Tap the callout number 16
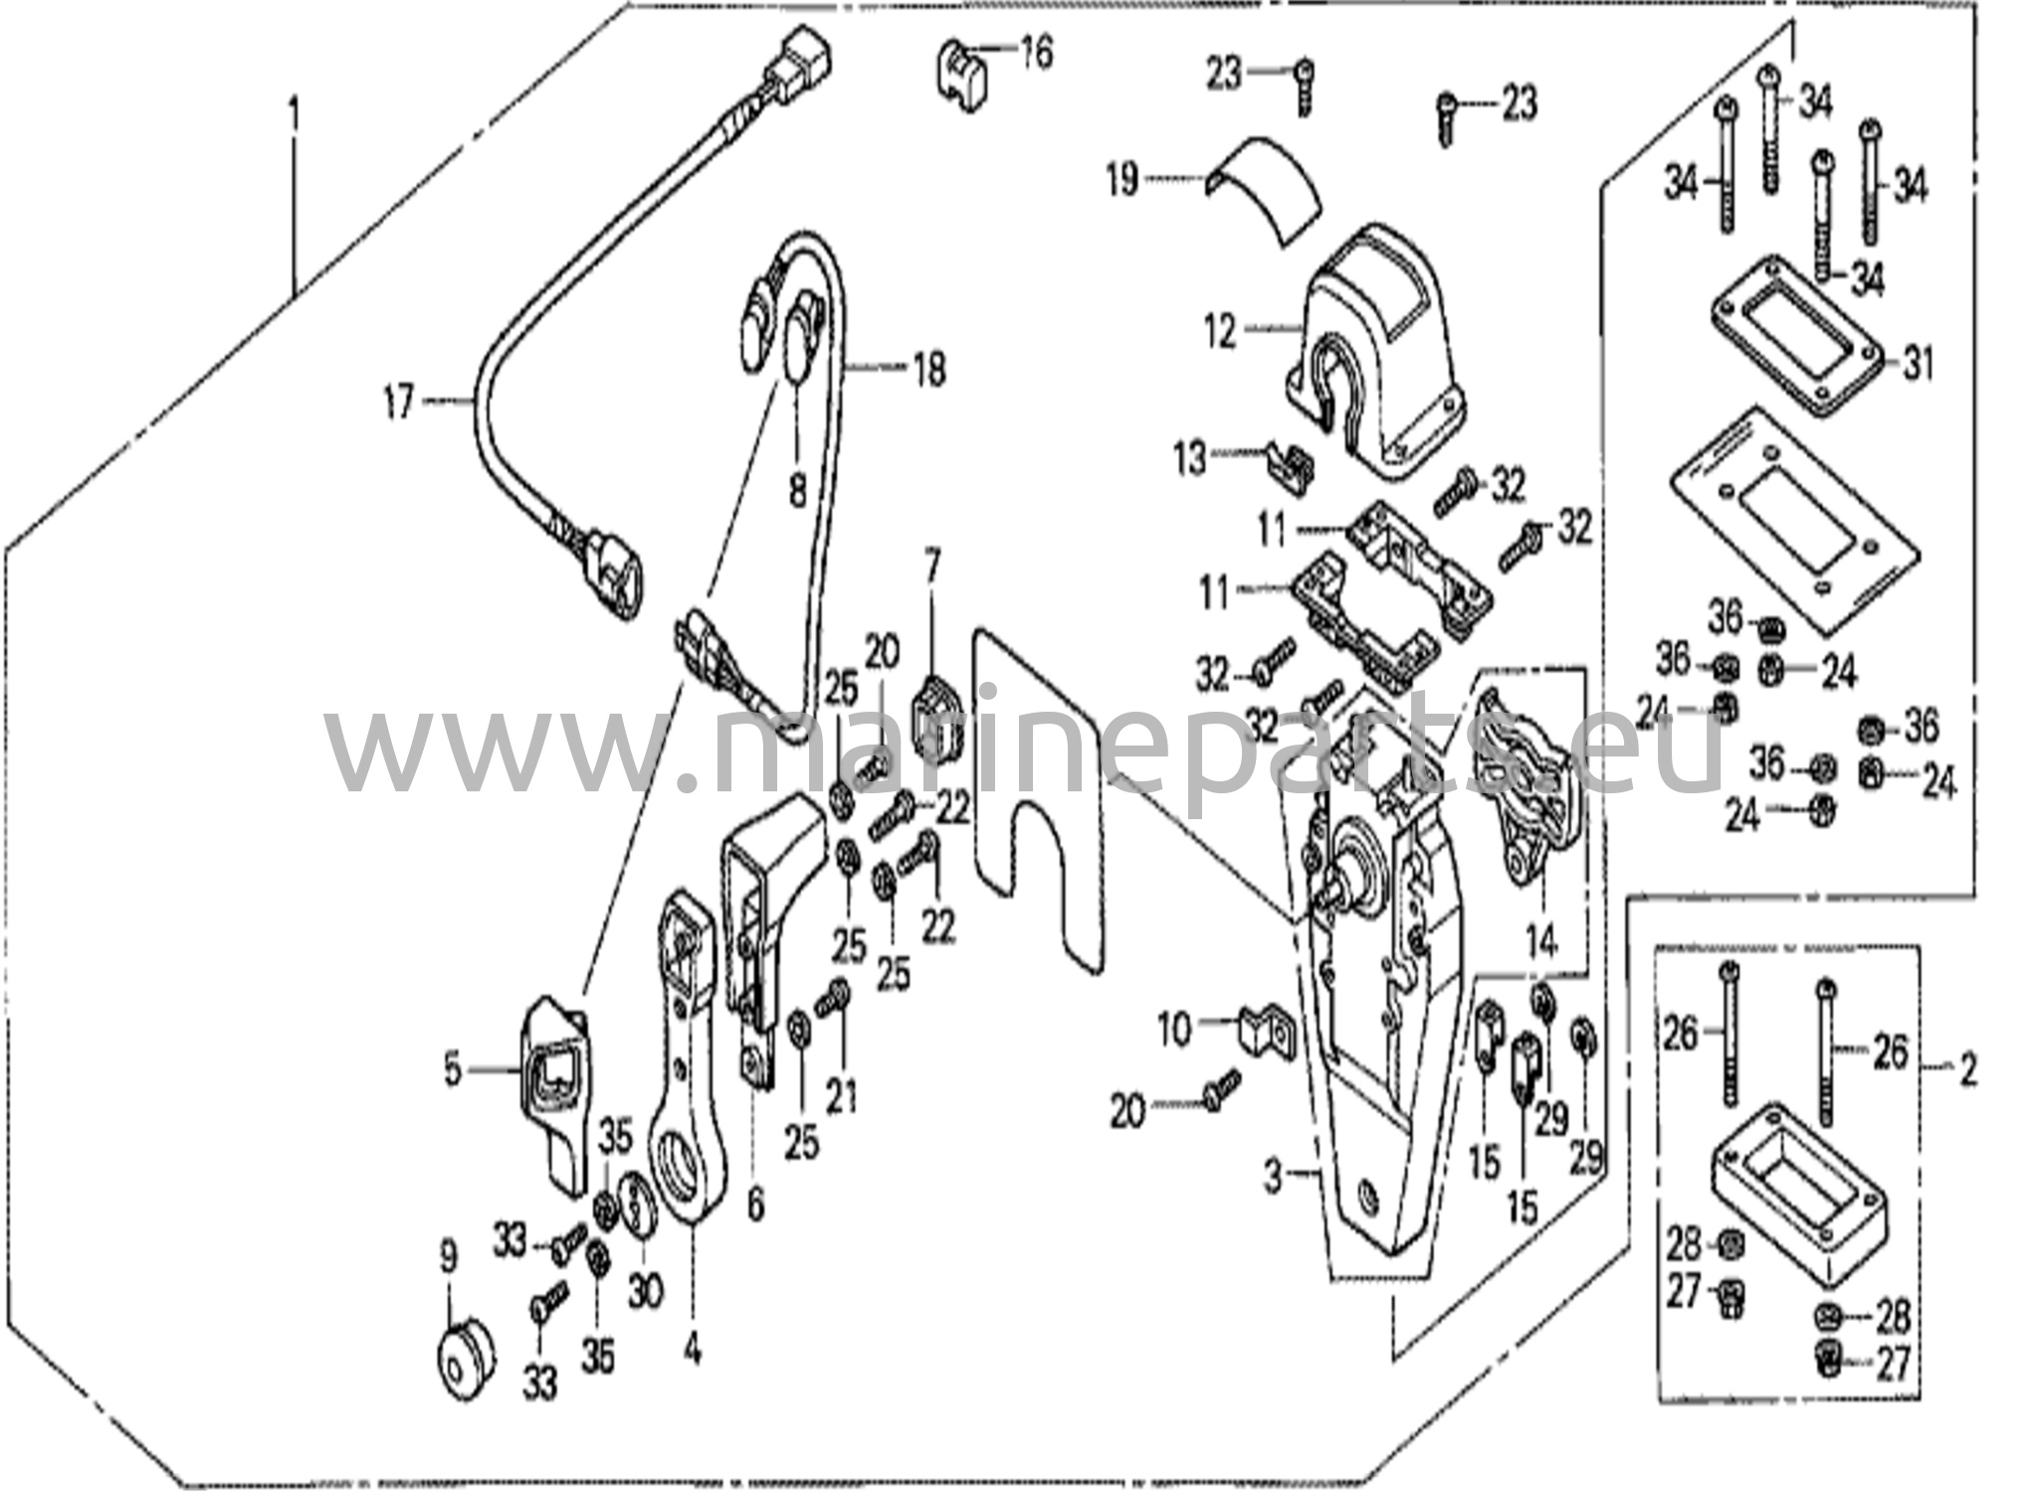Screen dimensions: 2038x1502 tap(1035, 53)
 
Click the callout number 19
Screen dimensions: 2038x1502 tap(1122, 180)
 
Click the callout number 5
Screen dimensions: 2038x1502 tap(453, 1071)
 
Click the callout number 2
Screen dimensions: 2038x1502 tap(1967, 1071)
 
